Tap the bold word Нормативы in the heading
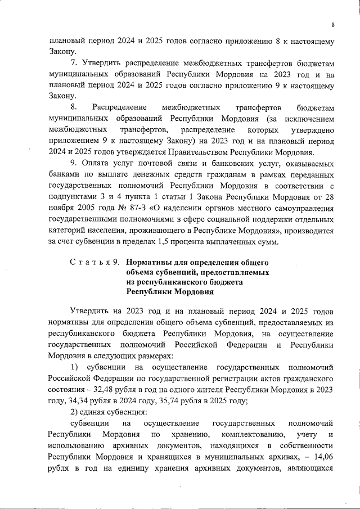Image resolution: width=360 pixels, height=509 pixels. coord(150,263)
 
